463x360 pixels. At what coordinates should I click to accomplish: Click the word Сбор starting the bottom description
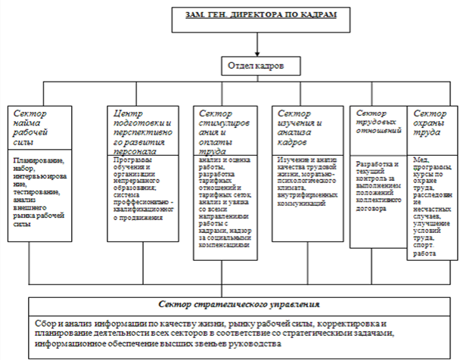tap(48, 321)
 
